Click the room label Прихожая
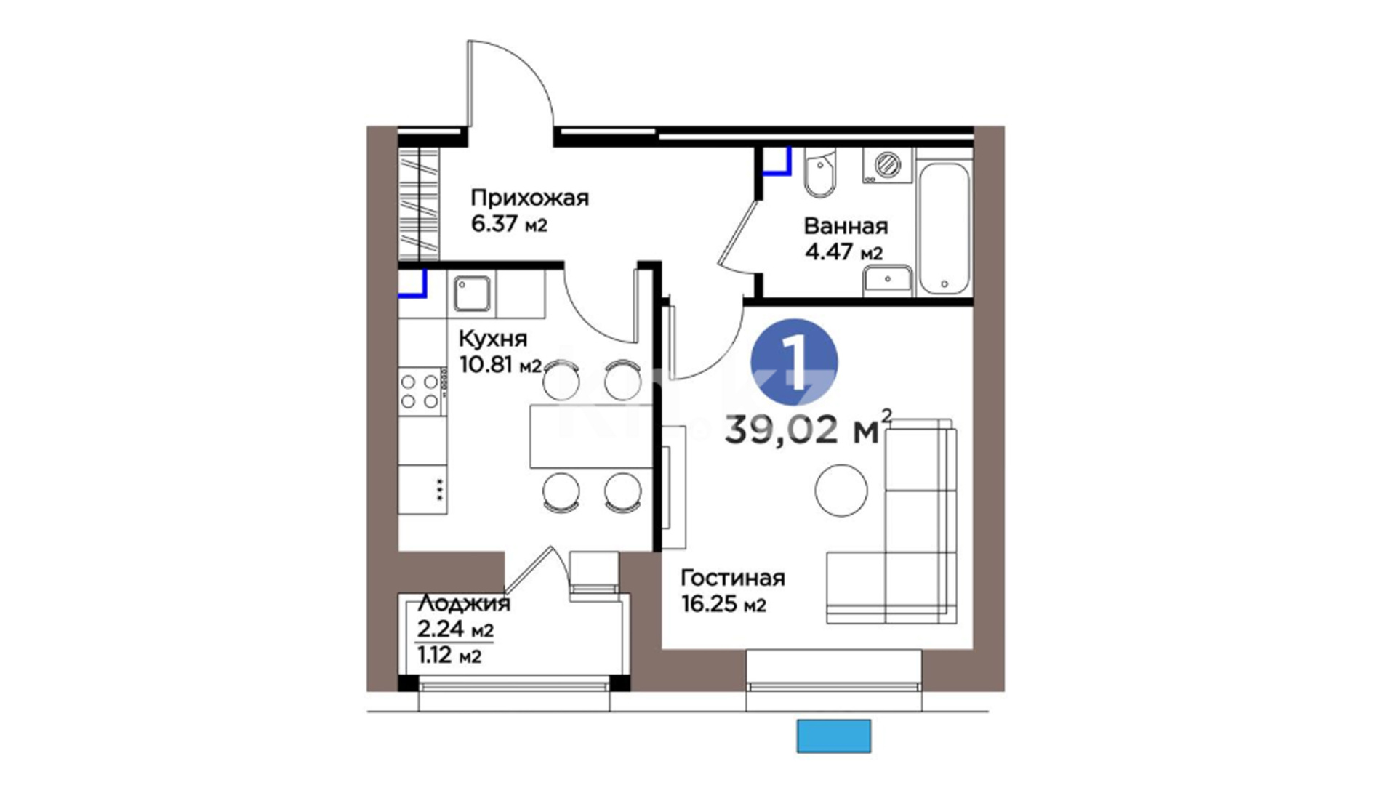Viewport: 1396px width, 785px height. pyautogui.click(x=529, y=198)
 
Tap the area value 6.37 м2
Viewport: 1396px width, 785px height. pyautogui.click(x=509, y=224)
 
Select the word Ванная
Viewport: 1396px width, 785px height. pyautogui.click(x=846, y=226)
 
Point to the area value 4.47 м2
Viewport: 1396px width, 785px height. pyautogui.click(x=843, y=252)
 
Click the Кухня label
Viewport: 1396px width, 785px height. pyautogui.click(x=493, y=339)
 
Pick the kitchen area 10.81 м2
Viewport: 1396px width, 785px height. pyautogui.click(x=500, y=365)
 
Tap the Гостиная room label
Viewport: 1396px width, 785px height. pyautogui.click(x=733, y=578)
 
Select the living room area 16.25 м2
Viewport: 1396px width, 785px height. pyautogui.click(x=723, y=604)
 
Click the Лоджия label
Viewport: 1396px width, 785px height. pyautogui.click(x=465, y=603)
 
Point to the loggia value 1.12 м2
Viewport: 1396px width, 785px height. pyautogui.click(x=449, y=656)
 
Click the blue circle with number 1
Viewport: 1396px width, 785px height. pyautogui.click(x=794, y=362)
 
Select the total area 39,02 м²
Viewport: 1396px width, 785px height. pyautogui.click(x=808, y=429)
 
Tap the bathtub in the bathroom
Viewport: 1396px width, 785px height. pyautogui.click(x=943, y=228)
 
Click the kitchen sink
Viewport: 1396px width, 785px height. pyautogui.click(x=473, y=294)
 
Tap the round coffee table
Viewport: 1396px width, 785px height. pyautogui.click(x=841, y=490)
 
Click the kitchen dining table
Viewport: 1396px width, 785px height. pyautogui.click(x=590, y=436)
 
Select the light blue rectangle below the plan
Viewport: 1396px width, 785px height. pyautogui.click(x=834, y=736)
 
